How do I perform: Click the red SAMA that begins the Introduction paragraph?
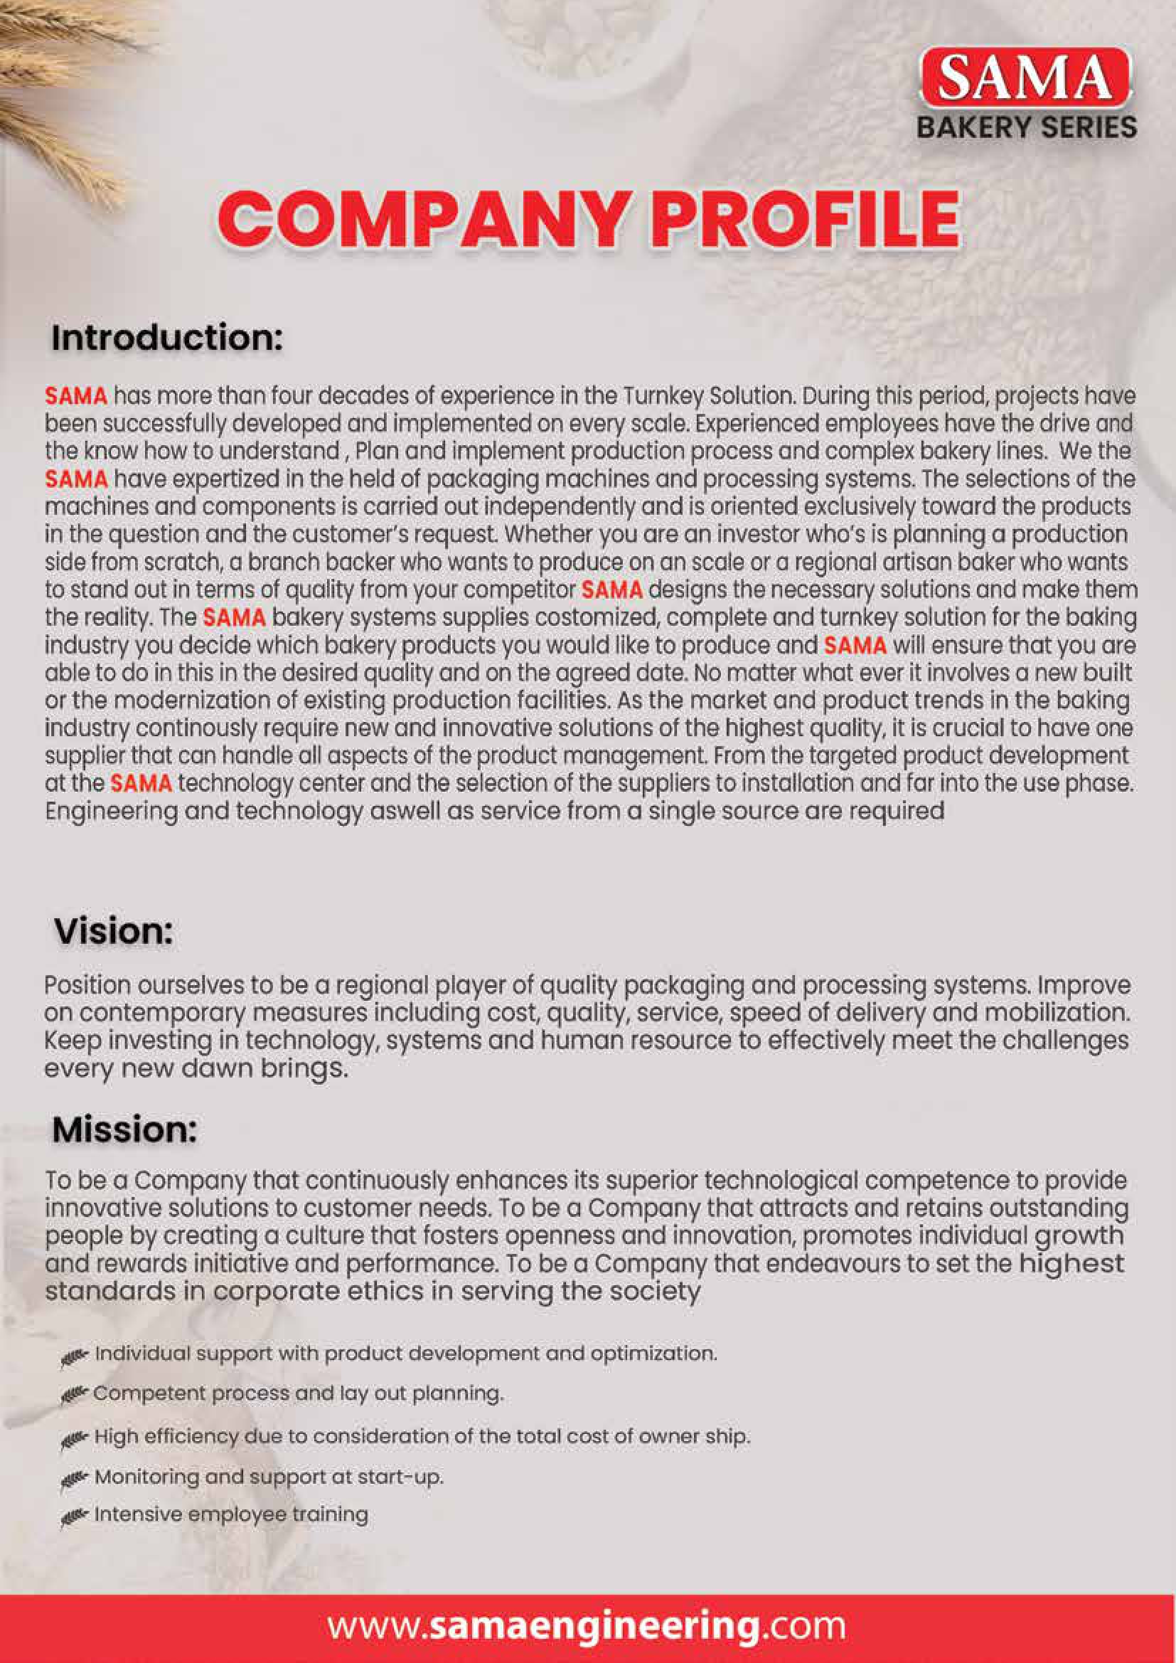point(76,396)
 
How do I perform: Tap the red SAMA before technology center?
point(141,783)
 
